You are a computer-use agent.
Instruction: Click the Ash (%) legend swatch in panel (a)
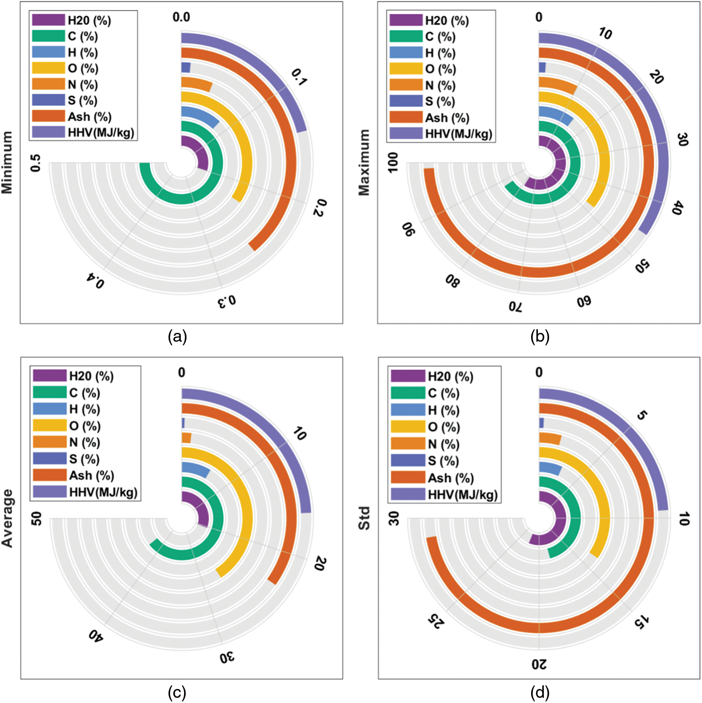coord(48,116)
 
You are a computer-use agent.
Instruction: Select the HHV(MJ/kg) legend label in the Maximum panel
coord(459,134)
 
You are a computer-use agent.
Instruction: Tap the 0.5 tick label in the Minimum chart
coord(36,163)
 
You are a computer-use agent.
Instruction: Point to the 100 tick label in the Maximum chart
coord(393,162)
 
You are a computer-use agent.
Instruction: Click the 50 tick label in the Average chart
coord(36,519)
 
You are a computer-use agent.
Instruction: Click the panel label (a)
coord(177,337)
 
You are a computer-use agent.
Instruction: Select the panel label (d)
coord(540,693)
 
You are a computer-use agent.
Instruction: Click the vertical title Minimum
coord(7,162)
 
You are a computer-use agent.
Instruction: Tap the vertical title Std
coord(364,518)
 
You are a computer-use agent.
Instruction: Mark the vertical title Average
coord(7,518)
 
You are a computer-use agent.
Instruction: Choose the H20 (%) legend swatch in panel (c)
coord(50,376)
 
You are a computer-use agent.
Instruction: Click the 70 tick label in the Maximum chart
coord(515,306)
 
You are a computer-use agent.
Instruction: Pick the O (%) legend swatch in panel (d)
coord(407,427)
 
